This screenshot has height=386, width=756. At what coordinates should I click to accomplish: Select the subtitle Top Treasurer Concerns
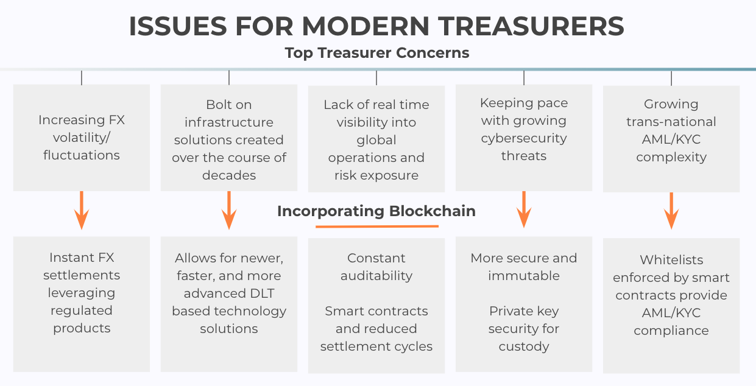377,53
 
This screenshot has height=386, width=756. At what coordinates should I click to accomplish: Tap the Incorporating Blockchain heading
376,211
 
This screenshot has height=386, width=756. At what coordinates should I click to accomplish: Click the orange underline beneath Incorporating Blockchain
377,226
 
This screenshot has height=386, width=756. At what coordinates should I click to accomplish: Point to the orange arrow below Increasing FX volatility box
82,211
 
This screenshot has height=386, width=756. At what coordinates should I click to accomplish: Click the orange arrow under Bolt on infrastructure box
229,211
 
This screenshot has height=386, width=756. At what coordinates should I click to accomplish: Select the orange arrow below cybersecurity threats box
524,209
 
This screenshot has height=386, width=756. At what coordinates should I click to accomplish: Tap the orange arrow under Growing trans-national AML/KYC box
671,211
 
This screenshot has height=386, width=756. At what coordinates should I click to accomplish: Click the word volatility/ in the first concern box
82,138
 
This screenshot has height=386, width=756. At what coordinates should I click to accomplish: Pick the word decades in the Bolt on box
229,175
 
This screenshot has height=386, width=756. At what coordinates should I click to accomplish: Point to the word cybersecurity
524,139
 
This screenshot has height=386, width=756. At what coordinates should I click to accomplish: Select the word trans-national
671,122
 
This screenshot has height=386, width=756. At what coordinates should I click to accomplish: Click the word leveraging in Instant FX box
82,293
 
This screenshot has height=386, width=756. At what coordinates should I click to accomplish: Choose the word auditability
376,276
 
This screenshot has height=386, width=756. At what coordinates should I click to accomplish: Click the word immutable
524,276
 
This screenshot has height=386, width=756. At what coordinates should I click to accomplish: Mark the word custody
524,347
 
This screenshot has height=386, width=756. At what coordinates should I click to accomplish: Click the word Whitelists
671,260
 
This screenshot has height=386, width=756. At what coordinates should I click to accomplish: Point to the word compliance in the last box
671,331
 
